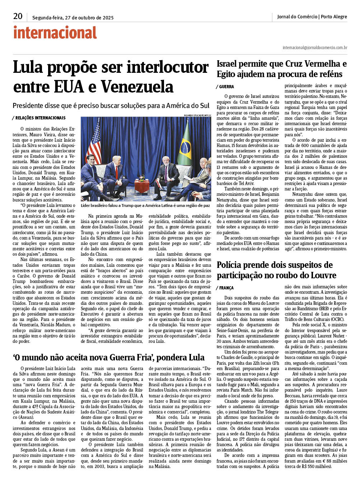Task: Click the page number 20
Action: click(18, 16)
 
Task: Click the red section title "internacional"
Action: click(55, 33)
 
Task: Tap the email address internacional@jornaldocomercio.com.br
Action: click(315, 48)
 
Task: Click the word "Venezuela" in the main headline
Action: click(137, 87)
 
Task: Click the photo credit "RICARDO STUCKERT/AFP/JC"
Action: click(197, 115)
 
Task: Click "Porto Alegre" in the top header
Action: click(334, 16)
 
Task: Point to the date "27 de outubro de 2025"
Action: click(89, 18)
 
